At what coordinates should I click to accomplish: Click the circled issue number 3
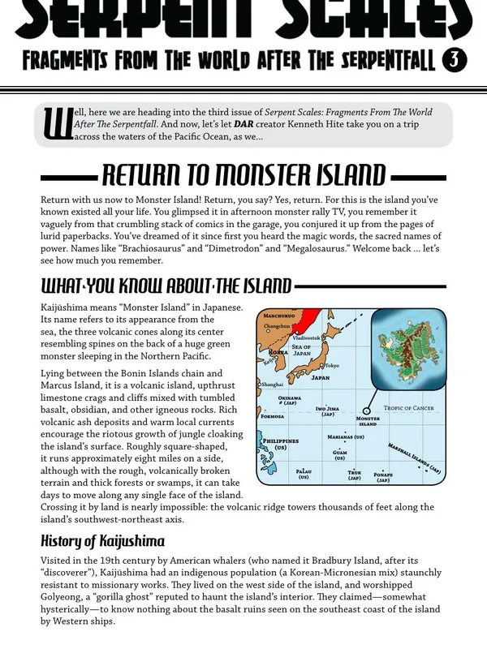point(455,60)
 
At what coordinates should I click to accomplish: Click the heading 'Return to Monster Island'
point(243,175)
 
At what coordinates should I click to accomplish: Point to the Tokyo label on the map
point(332,367)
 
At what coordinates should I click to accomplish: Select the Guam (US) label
point(339,455)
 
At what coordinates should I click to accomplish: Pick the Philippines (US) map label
point(280,444)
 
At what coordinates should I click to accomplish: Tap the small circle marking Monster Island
point(367,410)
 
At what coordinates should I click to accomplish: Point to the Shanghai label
point(272,384)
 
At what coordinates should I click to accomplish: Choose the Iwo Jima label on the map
point(327,411)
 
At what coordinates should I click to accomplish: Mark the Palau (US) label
point(304,474)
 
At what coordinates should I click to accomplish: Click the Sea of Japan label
point(302,350)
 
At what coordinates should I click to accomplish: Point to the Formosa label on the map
point(272,416)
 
